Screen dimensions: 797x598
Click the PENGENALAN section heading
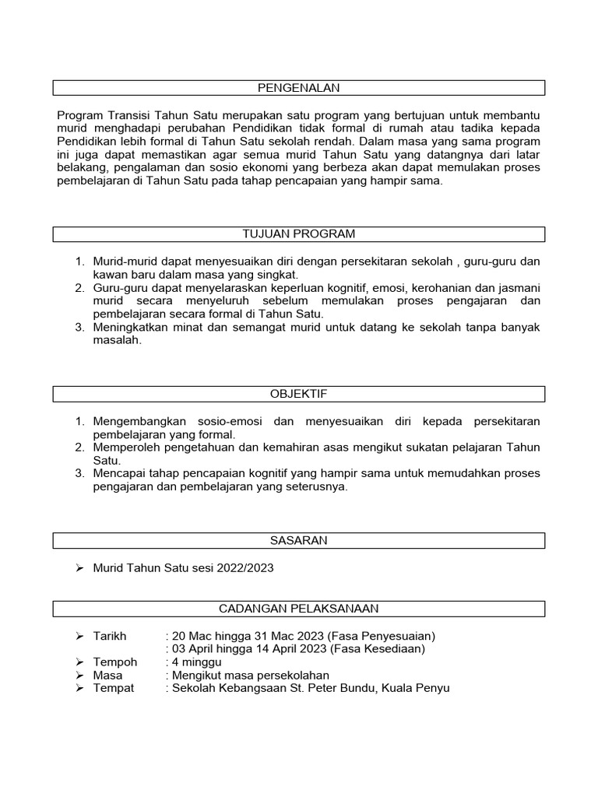coord(299,88)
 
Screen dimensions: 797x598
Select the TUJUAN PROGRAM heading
coord(299,234)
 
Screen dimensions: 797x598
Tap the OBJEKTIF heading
coord(299,394)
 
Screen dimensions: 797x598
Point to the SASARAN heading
coord(299,540)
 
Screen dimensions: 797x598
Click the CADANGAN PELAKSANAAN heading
coord(299,609)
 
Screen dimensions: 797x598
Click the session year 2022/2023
coord(248,568)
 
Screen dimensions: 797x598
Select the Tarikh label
coord(110,636)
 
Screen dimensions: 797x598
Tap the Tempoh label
coord(114,662)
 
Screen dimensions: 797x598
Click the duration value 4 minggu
coord(197,662)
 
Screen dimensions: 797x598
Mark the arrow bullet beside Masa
coord(79,676)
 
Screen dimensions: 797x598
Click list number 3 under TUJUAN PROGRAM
coord(79,327)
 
